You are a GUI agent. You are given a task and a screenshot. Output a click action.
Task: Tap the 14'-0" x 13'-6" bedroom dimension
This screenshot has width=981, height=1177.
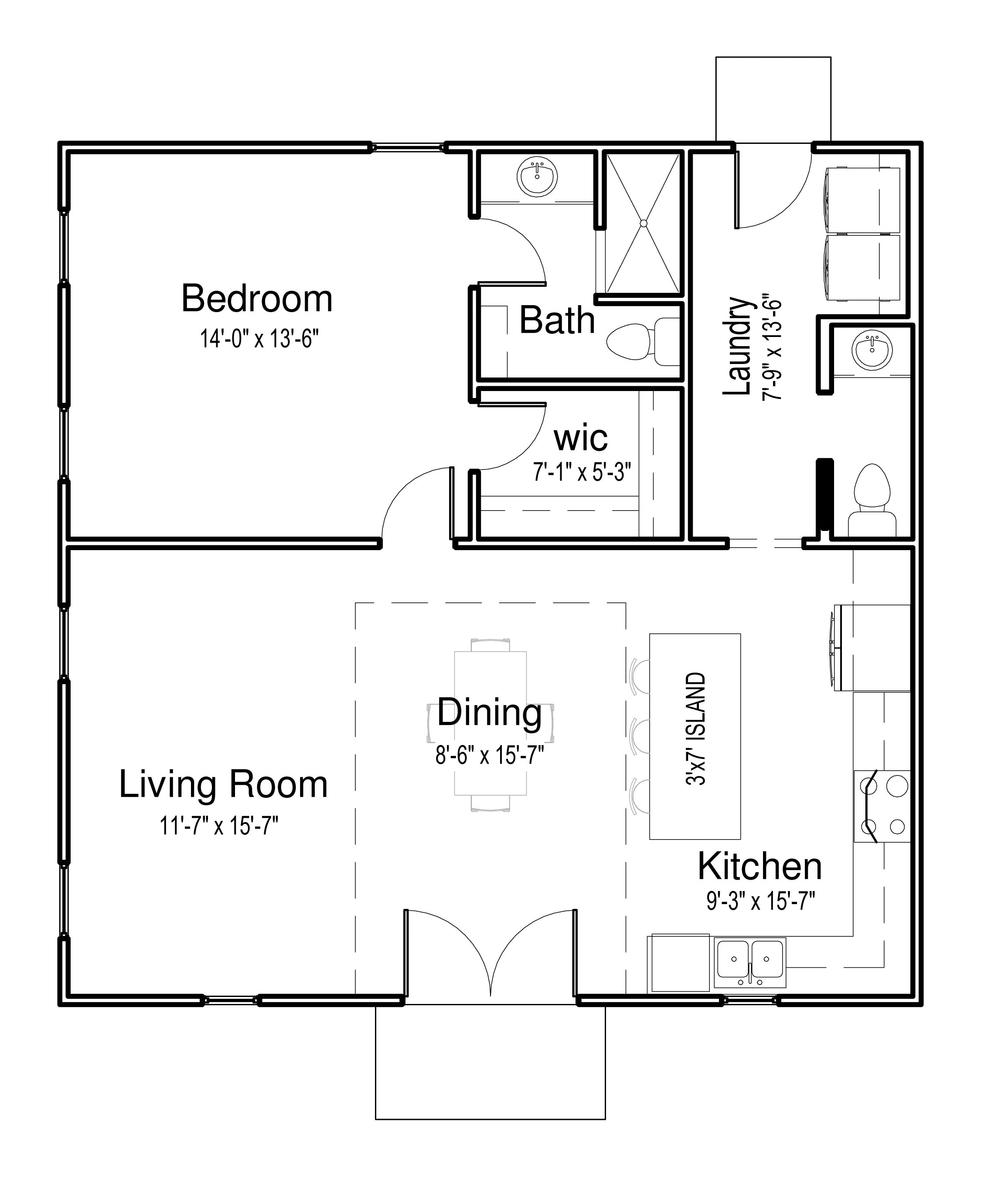pos(259,339)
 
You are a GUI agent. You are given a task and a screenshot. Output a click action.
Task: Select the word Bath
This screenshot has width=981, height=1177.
pos(557,320)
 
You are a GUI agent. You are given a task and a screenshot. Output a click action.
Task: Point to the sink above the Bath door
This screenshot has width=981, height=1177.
pos(537,177)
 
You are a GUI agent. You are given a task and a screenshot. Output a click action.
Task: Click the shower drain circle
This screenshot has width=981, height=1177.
pos(644,223)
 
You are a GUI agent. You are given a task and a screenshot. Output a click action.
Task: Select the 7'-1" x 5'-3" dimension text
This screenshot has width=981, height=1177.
pos(582,472)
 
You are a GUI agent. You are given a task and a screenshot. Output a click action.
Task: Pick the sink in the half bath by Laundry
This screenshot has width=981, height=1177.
pos(872,351)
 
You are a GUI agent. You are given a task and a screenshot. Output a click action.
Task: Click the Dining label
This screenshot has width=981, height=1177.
pos(489,712)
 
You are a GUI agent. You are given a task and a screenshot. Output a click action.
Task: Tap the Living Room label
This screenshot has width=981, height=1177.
pos(223,785)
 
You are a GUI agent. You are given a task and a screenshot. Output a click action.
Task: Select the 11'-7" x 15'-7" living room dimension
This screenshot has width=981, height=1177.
pos(219,826)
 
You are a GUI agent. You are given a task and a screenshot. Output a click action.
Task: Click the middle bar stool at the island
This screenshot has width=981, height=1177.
pos(640,736)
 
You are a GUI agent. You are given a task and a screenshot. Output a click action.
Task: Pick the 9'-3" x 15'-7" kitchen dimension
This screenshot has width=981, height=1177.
pos(760,902)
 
